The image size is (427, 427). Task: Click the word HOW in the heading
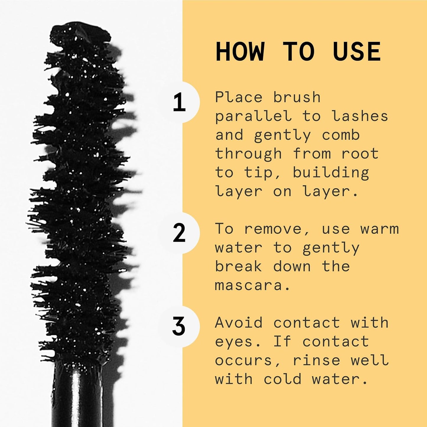click(x=240, y=52)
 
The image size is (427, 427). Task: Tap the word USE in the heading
click(x=357, y=52)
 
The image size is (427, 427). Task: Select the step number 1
click(x=179, y=102)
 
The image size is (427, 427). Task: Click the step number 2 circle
click(x=179, y=233)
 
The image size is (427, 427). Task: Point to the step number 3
click(x=179, y=327)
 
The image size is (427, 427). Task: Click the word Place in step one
click(x=239, y=97)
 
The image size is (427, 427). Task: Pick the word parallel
click(x=253, y=117)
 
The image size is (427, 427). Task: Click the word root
click(x=360, y=154)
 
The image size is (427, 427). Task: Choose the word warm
click(x=379, y=229)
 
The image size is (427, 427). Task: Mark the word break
click(x=238, y=267)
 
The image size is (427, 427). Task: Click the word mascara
click(x=249, y=285)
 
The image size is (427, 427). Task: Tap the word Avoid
click(x=239, y=322)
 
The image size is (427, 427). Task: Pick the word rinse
click(x=316, y=360)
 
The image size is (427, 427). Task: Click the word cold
click(x=282, y=379)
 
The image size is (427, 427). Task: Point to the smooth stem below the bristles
click(x=77, y=396)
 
